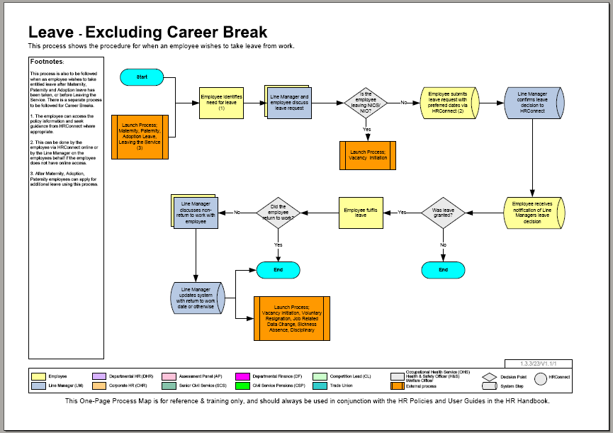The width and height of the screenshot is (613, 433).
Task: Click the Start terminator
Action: tap(142, 76)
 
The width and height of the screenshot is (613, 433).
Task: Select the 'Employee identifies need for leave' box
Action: tap(222, 103)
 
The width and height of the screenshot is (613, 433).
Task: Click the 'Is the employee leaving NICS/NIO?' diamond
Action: tap(366, 103)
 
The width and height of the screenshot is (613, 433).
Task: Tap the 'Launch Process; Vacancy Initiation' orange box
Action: tap(367, 155)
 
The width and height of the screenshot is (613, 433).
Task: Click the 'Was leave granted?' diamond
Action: tap(443, 212)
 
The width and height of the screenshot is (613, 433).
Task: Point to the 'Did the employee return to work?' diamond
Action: tap(278, 212)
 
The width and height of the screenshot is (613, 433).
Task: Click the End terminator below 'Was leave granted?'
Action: tap(443, 270)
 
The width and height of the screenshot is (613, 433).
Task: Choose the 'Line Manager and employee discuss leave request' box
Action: tap(290, 103)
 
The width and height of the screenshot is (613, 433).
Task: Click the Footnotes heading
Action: tap(47, 62)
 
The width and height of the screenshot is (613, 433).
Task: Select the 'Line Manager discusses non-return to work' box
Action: tap(196, 212)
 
